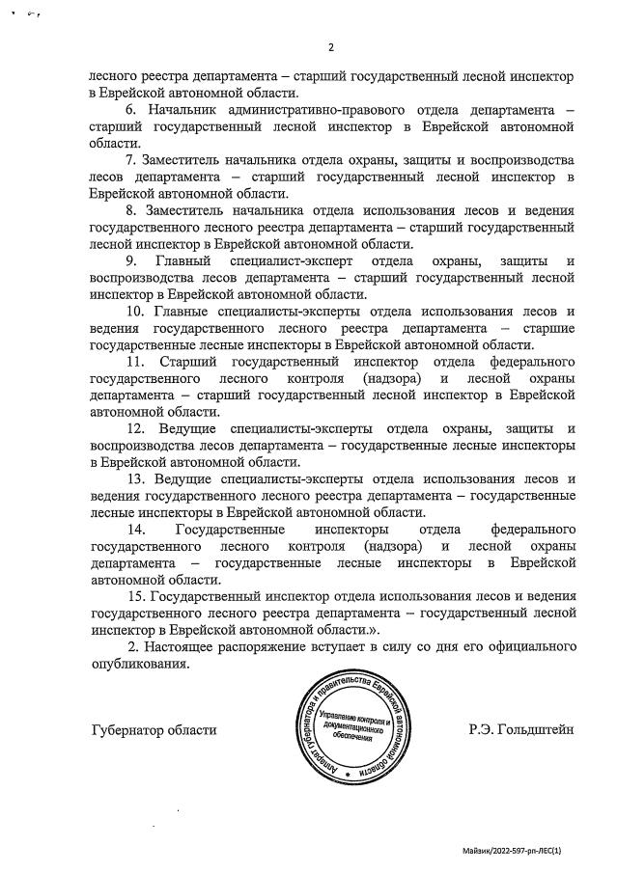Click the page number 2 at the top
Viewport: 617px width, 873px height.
click(x=330, y=48)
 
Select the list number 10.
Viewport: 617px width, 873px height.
click(x=134, y=311)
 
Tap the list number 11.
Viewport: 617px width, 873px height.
click(x=134, y=362)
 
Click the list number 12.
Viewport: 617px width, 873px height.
click(x=134, y=428)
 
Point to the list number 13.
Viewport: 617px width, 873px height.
click(x=134, y=479)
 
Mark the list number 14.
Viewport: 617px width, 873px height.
click(x=134, y=530)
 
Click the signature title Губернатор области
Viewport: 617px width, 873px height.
click(x=154, y=730)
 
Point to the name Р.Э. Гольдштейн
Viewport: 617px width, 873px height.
click(x=521, y=730)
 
